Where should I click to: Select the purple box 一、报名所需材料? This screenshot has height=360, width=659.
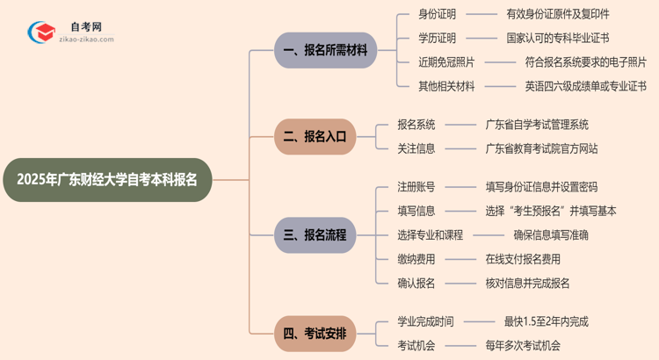324,51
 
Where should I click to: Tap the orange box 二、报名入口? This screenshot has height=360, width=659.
315,137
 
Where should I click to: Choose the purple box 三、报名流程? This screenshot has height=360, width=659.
315,235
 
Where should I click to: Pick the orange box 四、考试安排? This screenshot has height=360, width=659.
315,334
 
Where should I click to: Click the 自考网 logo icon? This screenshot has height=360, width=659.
40,32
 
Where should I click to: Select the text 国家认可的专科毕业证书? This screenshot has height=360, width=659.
558,39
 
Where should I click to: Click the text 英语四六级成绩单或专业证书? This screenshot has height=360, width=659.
585,86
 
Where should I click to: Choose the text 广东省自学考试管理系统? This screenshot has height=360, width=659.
537,125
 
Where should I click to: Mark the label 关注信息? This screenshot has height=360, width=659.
416,148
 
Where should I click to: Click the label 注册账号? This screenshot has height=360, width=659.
416,187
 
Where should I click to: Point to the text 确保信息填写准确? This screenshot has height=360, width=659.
551,235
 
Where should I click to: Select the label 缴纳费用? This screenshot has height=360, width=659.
416,259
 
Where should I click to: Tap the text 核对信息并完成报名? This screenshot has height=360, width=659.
527,283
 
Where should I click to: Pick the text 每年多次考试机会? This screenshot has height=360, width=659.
522,345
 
